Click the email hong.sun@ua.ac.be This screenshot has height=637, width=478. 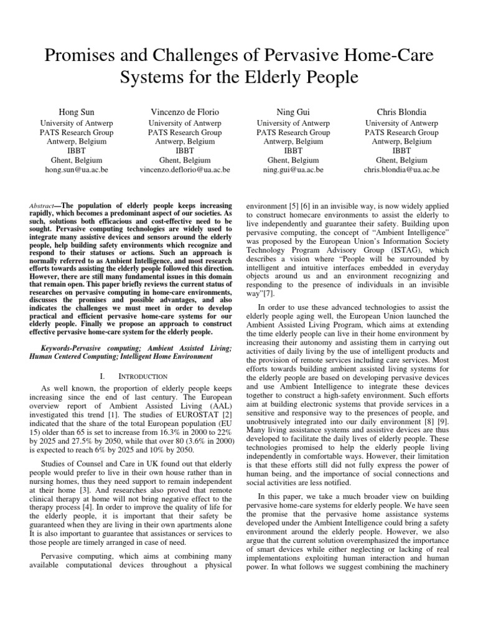point(76,169)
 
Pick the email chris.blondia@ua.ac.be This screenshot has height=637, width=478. point(401,169)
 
